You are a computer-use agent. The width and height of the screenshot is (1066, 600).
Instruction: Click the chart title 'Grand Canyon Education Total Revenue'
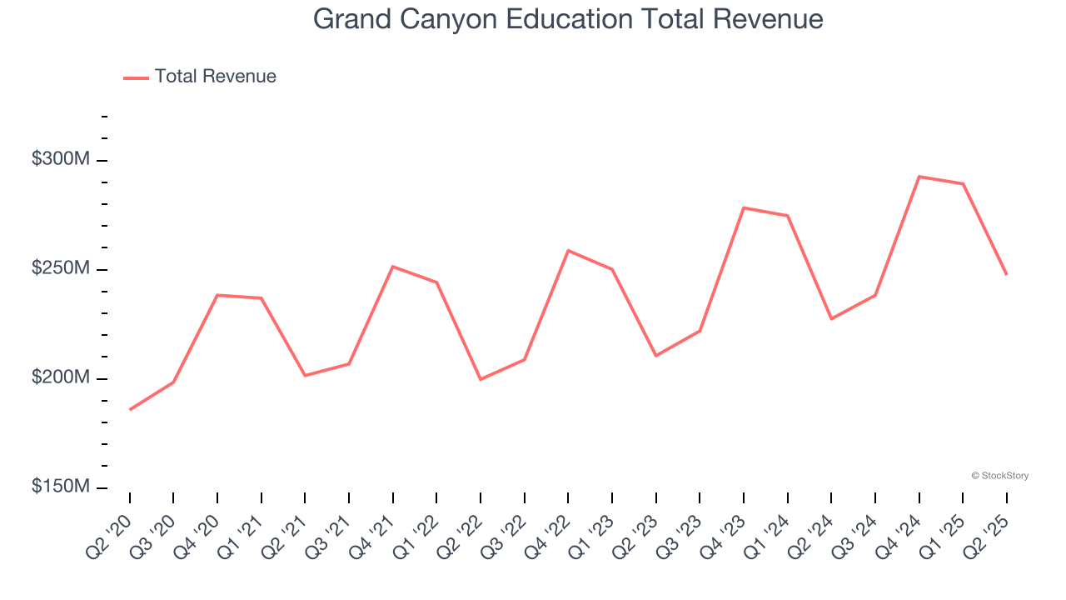(x=568, y=19)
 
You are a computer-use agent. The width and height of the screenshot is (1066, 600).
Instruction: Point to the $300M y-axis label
(x=61, y=159)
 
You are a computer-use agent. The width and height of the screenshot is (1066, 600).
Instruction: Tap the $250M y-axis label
(x=61, y=268)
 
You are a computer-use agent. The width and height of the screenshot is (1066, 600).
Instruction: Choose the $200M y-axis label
(x=61, y=377)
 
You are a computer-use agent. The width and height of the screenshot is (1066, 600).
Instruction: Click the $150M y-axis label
(x=61, y=487)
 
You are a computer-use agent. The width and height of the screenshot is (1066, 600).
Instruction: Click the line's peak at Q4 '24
(x=919, y=177)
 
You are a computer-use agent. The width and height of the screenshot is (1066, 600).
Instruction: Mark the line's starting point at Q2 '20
(x=130, y=410)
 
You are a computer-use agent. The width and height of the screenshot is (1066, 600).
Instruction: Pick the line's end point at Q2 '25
(x=1007, y=274)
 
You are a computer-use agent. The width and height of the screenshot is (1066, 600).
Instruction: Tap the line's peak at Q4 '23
(x=743, y=207)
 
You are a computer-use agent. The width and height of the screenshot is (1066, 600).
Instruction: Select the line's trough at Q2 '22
(x=481, y=379)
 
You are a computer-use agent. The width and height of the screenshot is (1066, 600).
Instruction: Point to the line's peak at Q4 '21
(x=392, y=267)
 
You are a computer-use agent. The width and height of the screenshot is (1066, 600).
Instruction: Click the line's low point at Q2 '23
(x=655, y=356)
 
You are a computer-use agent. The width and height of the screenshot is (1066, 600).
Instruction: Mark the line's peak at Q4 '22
(x=568, y=250)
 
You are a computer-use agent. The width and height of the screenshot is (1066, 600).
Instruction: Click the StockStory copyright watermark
(x=999, y=476)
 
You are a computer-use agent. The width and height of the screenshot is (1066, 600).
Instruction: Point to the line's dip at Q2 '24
(x=831, y=318)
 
